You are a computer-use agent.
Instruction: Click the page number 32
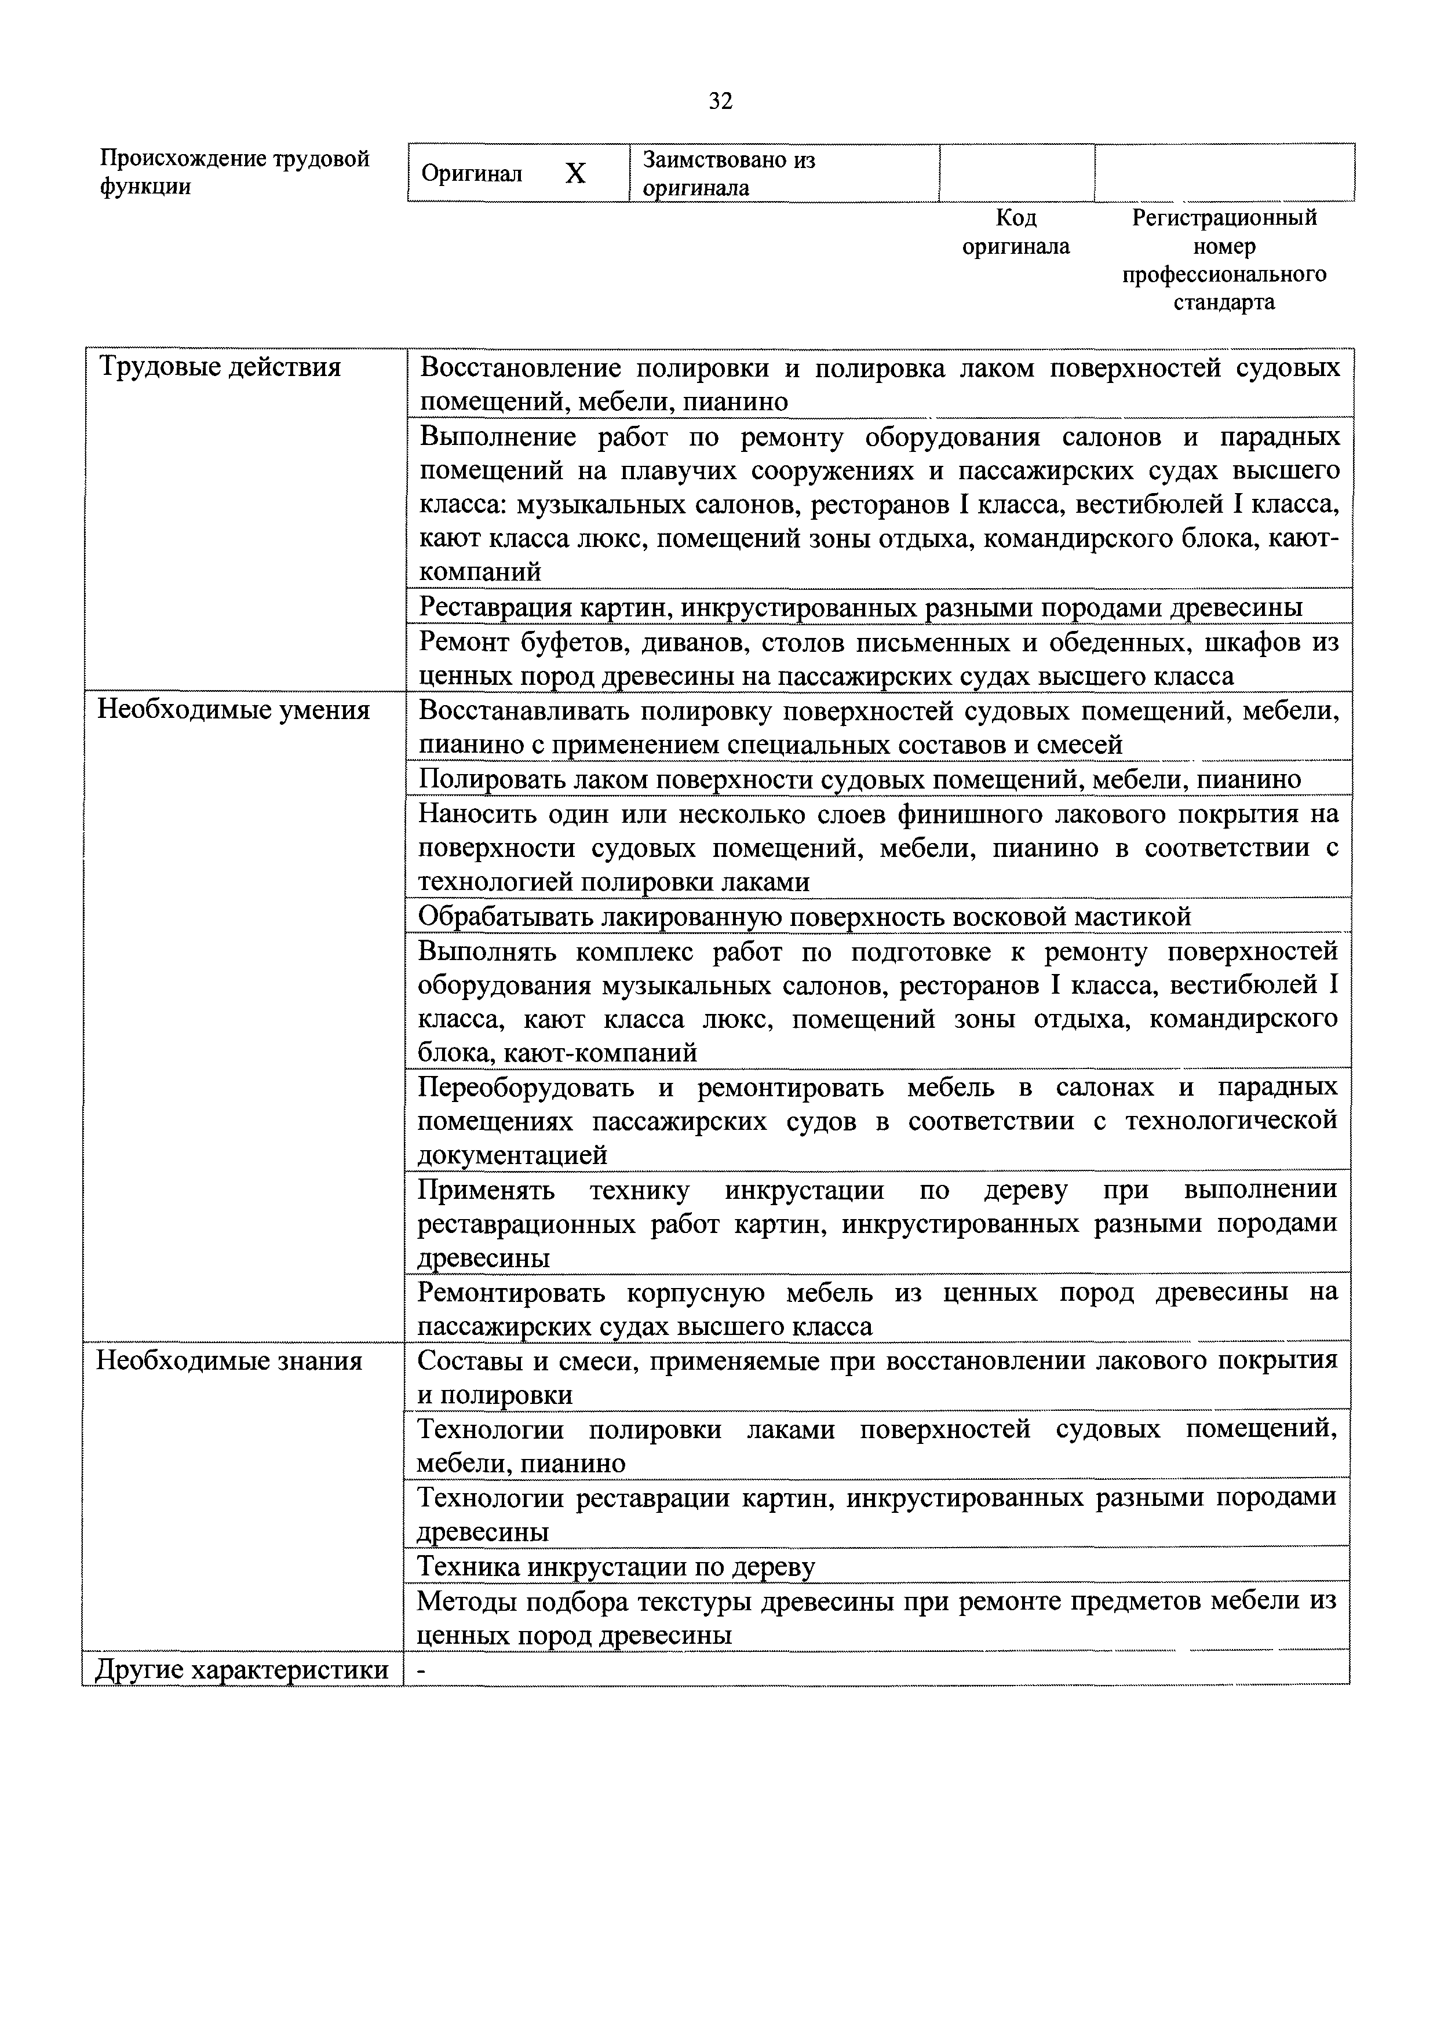[x=720, y=102]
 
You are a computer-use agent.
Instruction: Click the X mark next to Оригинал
[x=575, y=173]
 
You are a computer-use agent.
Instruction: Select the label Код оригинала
[x=1016, y=232]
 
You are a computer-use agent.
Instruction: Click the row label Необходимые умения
[x=233, y=711]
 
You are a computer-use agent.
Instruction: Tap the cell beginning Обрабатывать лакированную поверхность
[x=804, y=917]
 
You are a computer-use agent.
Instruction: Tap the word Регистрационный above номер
[x=1224, y=218]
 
